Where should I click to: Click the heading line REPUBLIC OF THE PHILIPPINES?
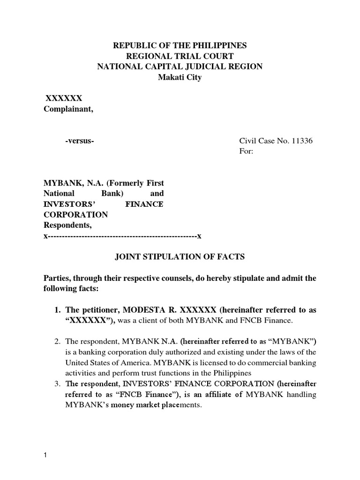pos(180,46)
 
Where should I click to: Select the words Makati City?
pos(180,77)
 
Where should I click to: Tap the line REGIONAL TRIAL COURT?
pos(180,56)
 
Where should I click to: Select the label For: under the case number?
pos(246,152)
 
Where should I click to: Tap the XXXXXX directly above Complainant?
pos(63,98)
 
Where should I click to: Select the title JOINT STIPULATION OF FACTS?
pos(180,257)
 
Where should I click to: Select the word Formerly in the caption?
pos(125,183)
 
